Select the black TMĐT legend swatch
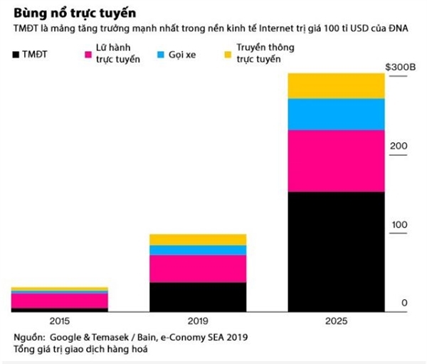tap(17, 55)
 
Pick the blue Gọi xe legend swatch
tap(161, 55)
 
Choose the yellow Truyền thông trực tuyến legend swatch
tap(228, 55)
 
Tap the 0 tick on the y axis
tap(404, 304)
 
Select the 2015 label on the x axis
tap(60, 321)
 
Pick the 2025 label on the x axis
tap(336, 321)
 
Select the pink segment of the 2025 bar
tap(336, 161)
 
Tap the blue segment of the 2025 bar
tap(336, 114)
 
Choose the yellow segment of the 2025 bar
tap(336, 85)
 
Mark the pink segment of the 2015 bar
tap(60, 301)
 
